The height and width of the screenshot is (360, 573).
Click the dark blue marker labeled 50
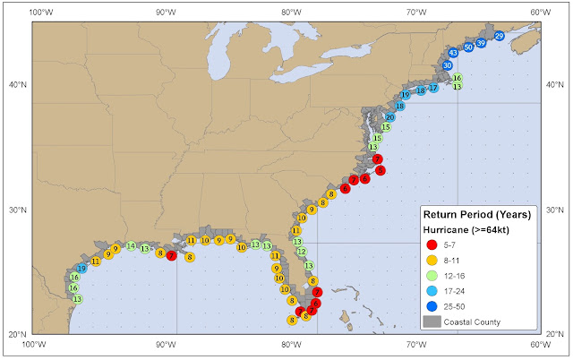point(468,47)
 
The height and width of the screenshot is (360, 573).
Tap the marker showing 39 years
point(481,43)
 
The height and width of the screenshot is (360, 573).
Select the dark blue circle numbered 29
point(500,36)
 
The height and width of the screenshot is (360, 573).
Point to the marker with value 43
point(453,53)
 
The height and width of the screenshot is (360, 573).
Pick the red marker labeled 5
point(381,170)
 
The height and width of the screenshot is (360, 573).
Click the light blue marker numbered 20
point(390,117)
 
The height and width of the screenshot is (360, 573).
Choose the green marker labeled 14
point(131,246)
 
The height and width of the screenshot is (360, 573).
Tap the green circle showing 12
point(302,252)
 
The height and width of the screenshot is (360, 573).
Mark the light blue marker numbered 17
point(433,88)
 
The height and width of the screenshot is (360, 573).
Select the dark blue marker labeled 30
point(448,65)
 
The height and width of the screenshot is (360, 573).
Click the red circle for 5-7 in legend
point(432,244)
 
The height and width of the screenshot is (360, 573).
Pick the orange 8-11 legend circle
point(432,261)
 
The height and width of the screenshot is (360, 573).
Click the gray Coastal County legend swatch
point(432,321)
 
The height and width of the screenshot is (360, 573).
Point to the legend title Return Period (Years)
point(477,215)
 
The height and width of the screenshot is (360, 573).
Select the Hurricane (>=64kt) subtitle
point(466,230)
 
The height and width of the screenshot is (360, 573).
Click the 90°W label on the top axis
point(166,13)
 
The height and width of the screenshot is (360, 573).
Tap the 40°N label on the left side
point(18,85)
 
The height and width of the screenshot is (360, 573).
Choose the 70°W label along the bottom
point(416,345)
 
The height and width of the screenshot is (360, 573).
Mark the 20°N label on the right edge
point(555,334)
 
